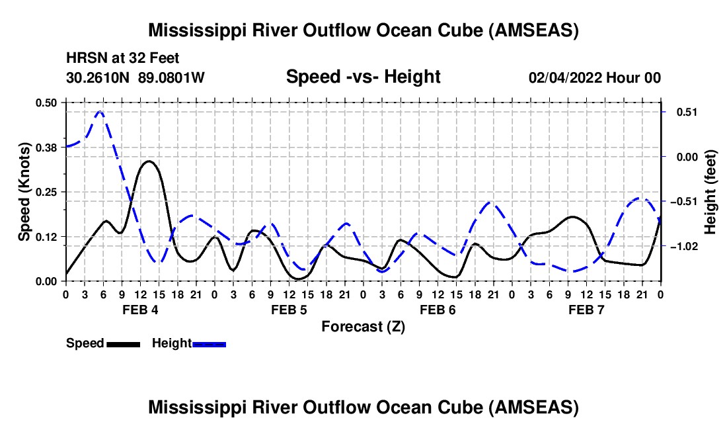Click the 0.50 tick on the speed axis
click(x=46, y=103)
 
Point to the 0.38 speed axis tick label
click(x=46, y=147)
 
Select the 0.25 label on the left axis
click(x=46, y=192)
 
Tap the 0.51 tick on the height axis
click(x=681, y=112)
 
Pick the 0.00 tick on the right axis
click(x=681, y=157)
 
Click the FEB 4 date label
click(x=139, y=310)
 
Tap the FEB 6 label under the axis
click(x=437, y=310)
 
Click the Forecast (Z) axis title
click(x=363, y=326)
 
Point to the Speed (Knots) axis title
click(x=24, y=192)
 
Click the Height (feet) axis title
click(x=710, y=192)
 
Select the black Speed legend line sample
click(x=123, y=343)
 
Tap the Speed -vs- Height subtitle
click(x=363, y=77)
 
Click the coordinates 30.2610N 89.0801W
click(x=135, y=77)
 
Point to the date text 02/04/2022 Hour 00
click(x=594, y=77)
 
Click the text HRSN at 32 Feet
click(x=122, y=58)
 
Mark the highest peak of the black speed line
click(x=149, y=161)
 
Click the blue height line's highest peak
click(x=100, y=111)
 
